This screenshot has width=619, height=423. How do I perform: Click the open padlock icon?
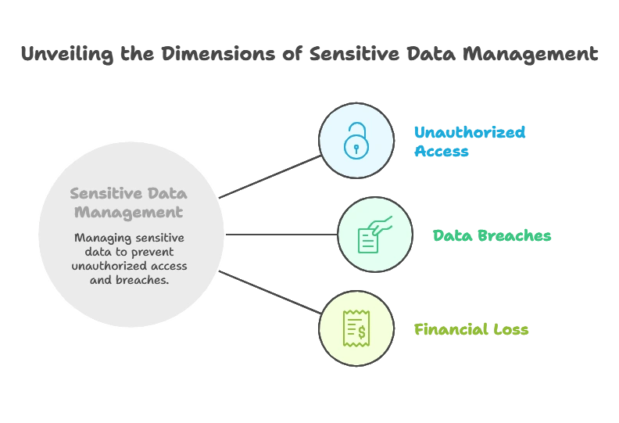click(x=356, y=141)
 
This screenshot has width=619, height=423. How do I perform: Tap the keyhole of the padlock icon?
click(x=356, y=147)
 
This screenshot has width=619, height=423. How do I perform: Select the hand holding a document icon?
click(x=374, y=234)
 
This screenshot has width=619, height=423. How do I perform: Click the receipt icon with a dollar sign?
click(x=356, y=328)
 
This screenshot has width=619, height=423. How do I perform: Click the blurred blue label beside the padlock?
click(x=469, y=142)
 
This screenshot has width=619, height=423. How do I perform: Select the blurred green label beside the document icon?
click(x=493, y=235)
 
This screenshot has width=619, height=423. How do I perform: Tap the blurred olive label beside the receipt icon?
click(x=471, y=330)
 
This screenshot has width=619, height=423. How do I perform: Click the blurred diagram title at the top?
click(x=309, y=55)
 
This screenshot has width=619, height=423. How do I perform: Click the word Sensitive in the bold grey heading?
click(x=99, y=193)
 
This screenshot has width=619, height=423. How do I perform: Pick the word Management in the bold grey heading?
click(x=136, y=212)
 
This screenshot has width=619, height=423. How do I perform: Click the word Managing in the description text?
click(x=99, y=238)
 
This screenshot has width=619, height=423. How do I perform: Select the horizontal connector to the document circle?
click(x=281, y=235)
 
